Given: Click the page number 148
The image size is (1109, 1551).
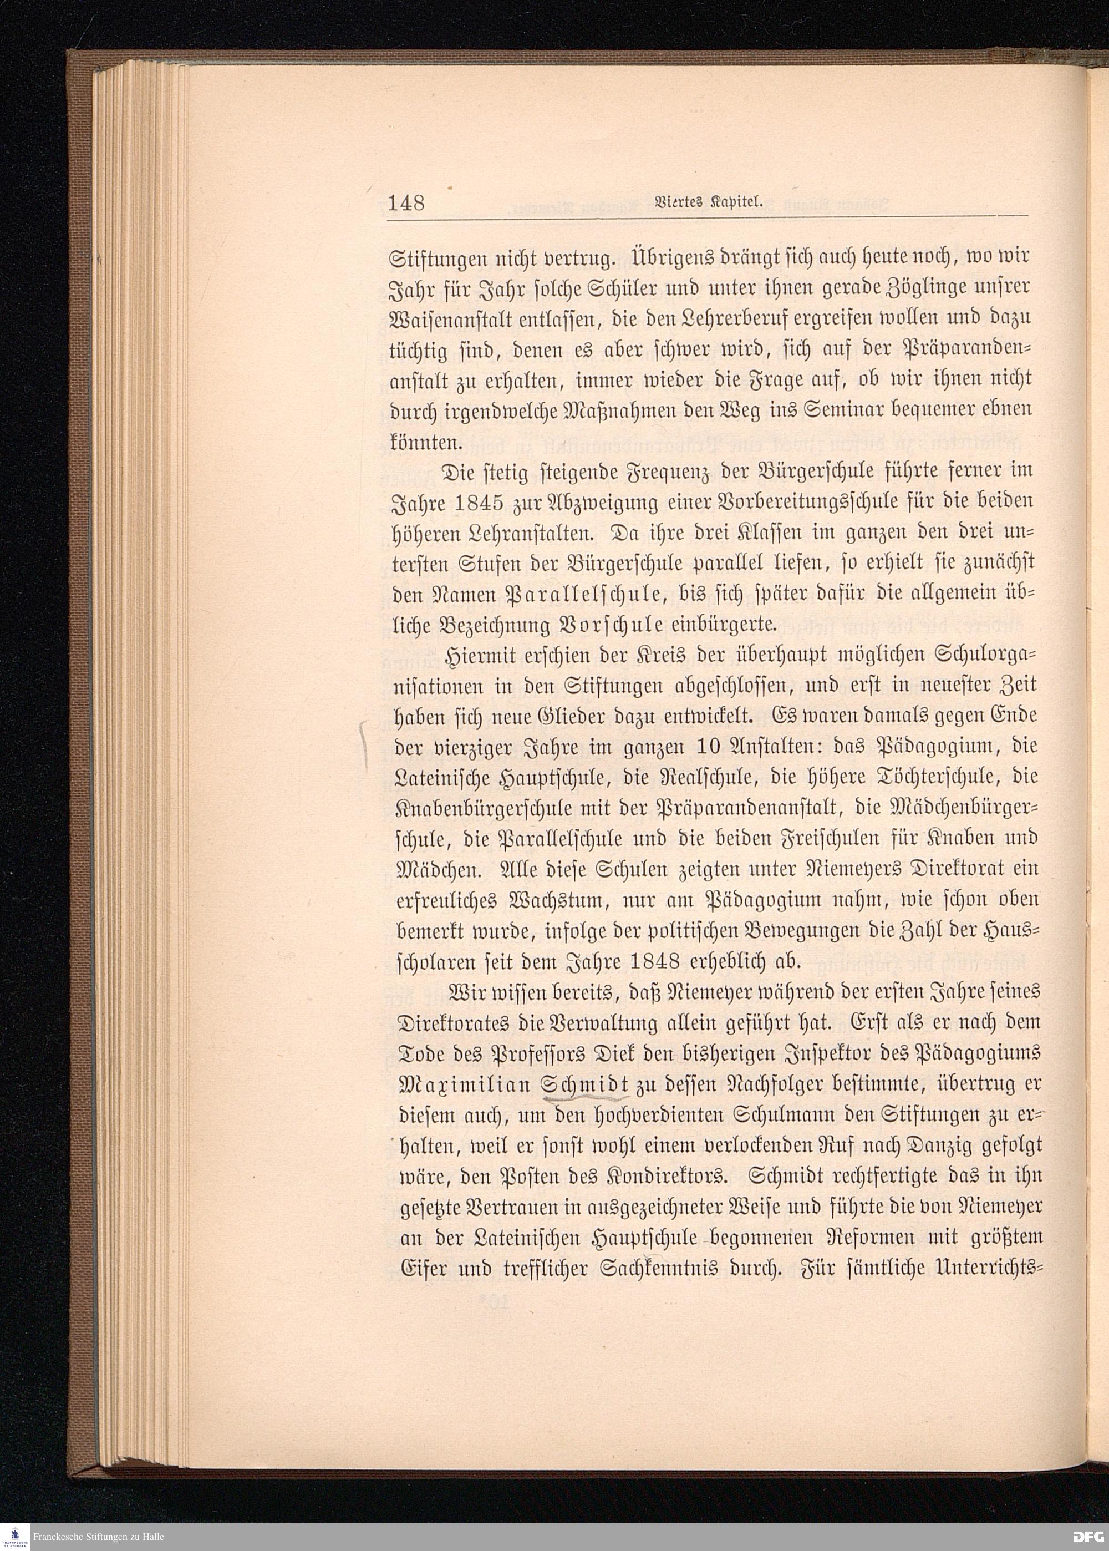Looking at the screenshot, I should click(406, 204).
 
